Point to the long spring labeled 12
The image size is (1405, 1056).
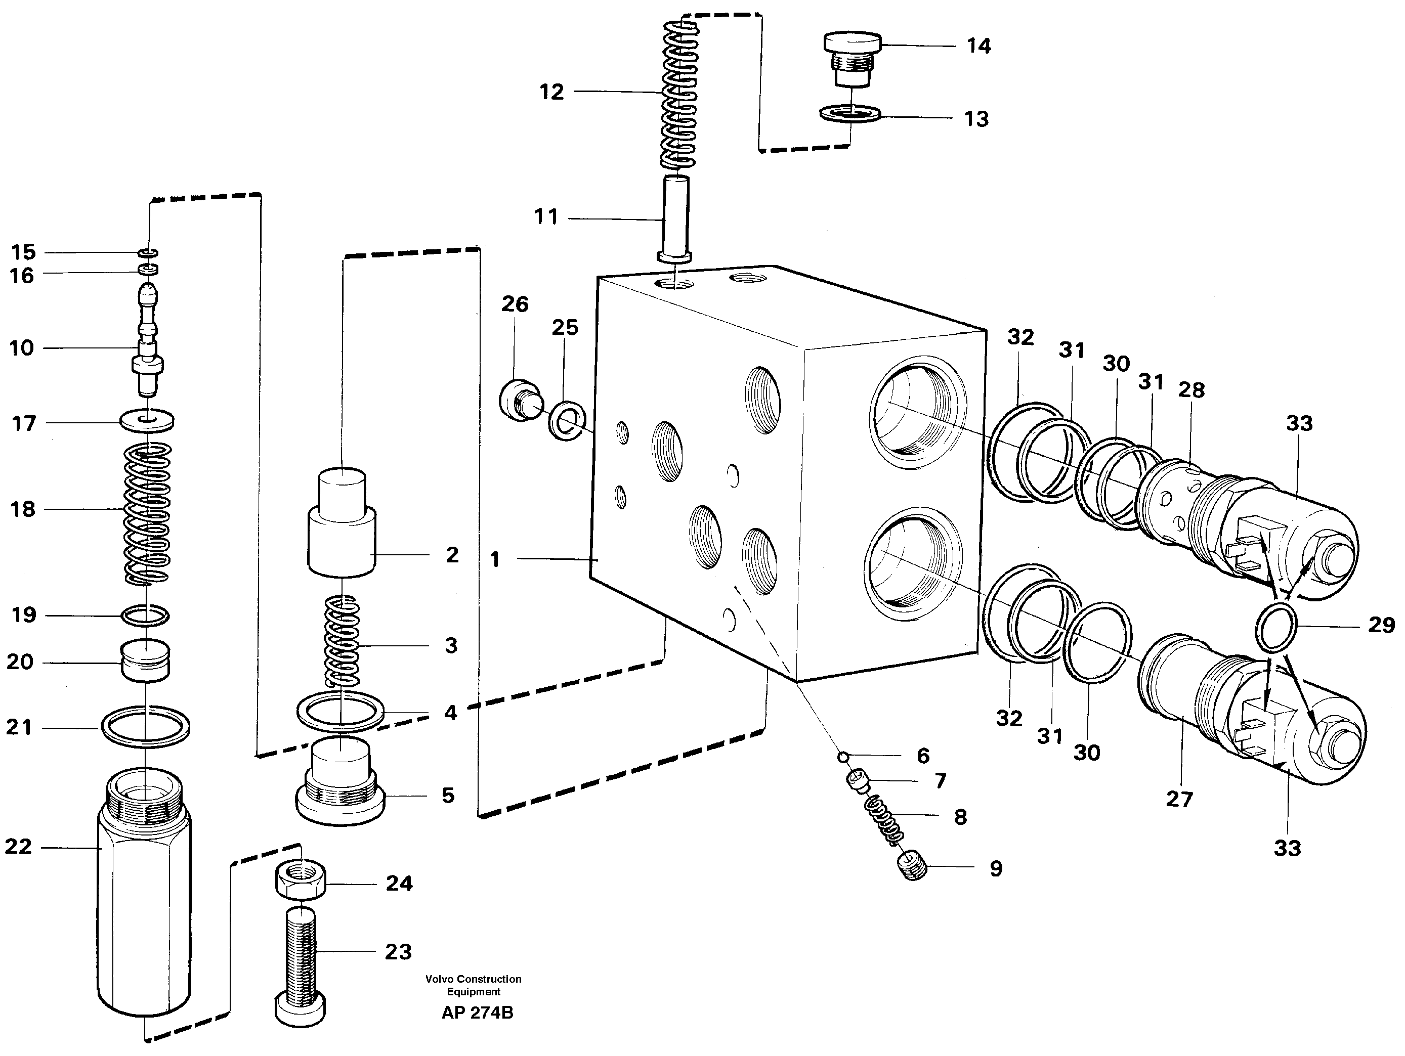click(679, 95)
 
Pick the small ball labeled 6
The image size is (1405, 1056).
click(842, 756)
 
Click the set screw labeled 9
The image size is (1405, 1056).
click(913, 867)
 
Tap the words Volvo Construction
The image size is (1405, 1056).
click(473, 979)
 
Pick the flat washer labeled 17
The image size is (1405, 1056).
click(147, 420)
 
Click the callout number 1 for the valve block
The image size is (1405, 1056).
click(495, 559)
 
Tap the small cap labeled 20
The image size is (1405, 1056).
click(145, 661)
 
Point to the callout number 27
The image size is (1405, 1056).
click(1179, 799)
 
